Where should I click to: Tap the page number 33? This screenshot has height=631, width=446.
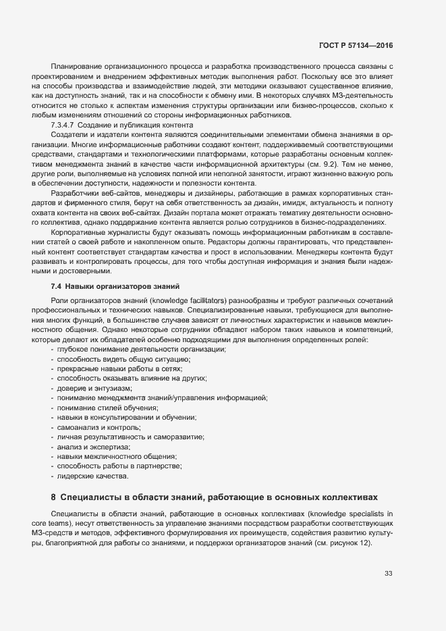[388, 574]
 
